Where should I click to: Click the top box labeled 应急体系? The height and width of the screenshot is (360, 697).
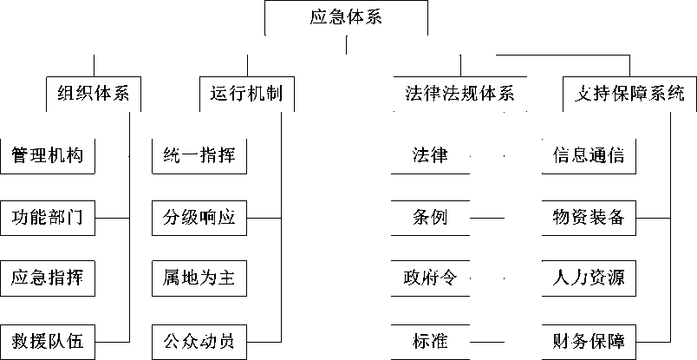346,18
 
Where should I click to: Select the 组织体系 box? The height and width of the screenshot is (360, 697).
94,94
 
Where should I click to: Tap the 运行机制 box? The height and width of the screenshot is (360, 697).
247,94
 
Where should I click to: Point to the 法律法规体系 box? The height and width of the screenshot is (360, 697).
460,94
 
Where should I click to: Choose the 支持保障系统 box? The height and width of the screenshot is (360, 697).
629,94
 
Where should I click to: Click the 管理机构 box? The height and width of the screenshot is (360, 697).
47,156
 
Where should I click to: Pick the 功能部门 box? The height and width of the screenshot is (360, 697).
47,218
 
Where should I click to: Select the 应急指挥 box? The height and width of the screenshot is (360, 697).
47,278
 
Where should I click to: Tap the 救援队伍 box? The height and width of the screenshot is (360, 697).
47,342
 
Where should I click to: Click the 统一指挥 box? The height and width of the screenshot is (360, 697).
199,156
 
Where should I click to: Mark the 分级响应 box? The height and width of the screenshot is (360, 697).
199,218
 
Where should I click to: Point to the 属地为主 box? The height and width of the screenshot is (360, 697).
199,278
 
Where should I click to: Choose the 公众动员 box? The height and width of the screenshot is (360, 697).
199,342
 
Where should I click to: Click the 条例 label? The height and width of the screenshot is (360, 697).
430,218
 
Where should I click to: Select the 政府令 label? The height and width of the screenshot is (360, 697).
430,278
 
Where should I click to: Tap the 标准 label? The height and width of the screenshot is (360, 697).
430,342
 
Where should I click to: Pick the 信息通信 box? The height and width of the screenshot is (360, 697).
589,156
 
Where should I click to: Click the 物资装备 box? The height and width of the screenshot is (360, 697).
589,218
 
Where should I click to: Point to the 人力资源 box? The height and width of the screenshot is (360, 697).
589,278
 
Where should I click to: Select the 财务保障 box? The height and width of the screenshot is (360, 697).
589,342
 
